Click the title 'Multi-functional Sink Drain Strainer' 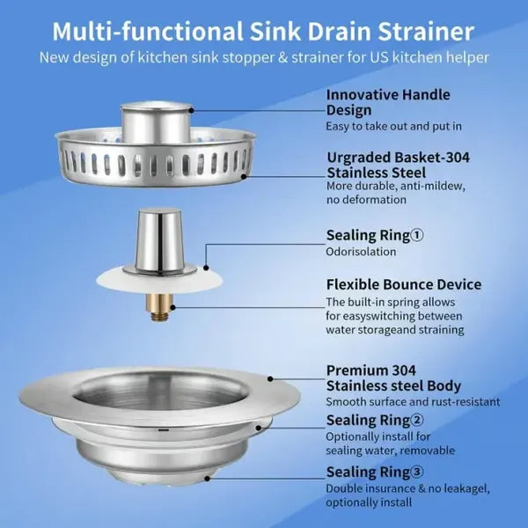click(263, 32)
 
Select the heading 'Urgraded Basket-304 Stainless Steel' click(398, 165)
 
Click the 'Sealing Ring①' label click(375, 235)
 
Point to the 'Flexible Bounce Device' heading click(403, 284)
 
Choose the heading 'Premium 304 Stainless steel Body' click(393, 378)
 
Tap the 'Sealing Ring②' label click(375, 420)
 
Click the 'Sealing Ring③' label click(375, 472)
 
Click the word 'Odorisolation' click(361, 252)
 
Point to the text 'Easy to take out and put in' click(395, 127)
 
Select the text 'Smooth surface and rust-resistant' click(413, 401)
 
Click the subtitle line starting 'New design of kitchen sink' click(263, 58)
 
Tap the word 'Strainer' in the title click(421, 32)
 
